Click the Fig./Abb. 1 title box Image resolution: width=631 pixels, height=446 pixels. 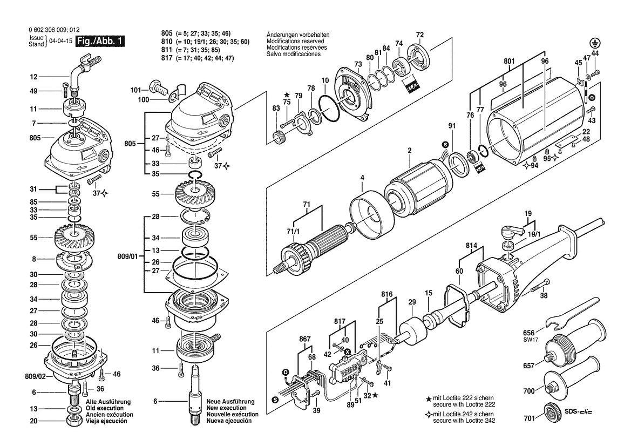tap(100, 41)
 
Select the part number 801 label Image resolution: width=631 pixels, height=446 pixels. tap(509, 62)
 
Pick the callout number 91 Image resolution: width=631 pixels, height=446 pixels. tap(452, 126)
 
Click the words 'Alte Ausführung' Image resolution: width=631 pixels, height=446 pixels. tap(108, 402)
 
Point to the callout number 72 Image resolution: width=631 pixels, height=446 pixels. tap(420, 35)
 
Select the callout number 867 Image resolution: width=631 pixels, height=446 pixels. tap(305, 339)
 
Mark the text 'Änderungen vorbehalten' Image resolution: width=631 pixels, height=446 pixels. tap(298, 35)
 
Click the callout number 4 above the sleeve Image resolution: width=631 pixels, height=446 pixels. tap(362, 177)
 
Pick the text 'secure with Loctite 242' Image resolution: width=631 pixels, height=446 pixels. tap(464, 421)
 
